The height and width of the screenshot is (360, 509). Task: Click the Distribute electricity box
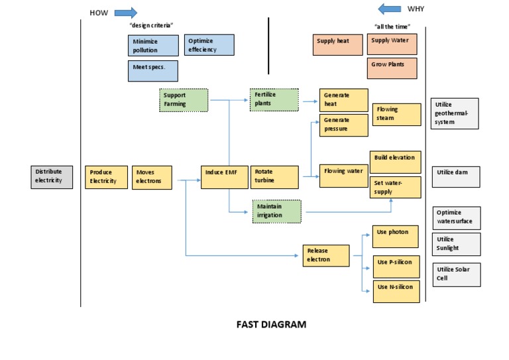tap(52, 176)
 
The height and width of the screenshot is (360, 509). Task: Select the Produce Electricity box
tap(106, 177)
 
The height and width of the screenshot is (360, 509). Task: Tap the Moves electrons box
tap(152, 177)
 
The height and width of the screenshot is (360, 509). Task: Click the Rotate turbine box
tap(272, 177)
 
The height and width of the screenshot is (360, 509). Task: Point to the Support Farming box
tap(184, 100)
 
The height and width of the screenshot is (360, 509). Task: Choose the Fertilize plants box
tap(274, 99)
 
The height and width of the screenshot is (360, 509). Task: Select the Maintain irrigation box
tap(276, 211)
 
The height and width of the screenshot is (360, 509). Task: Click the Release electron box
tap(326, 255)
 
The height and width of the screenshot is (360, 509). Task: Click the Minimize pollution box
tap(153, 45)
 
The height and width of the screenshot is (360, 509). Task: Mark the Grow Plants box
tap(392, 68)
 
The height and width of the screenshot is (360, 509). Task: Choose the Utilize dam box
tap(455, 176)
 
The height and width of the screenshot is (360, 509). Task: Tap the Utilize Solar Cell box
tap(455, 274)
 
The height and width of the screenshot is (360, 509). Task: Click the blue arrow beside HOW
tap(125, 12)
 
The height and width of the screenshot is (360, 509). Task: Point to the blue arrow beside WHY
tap(389, 9)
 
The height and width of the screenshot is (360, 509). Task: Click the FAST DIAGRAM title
tap(272, 325)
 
